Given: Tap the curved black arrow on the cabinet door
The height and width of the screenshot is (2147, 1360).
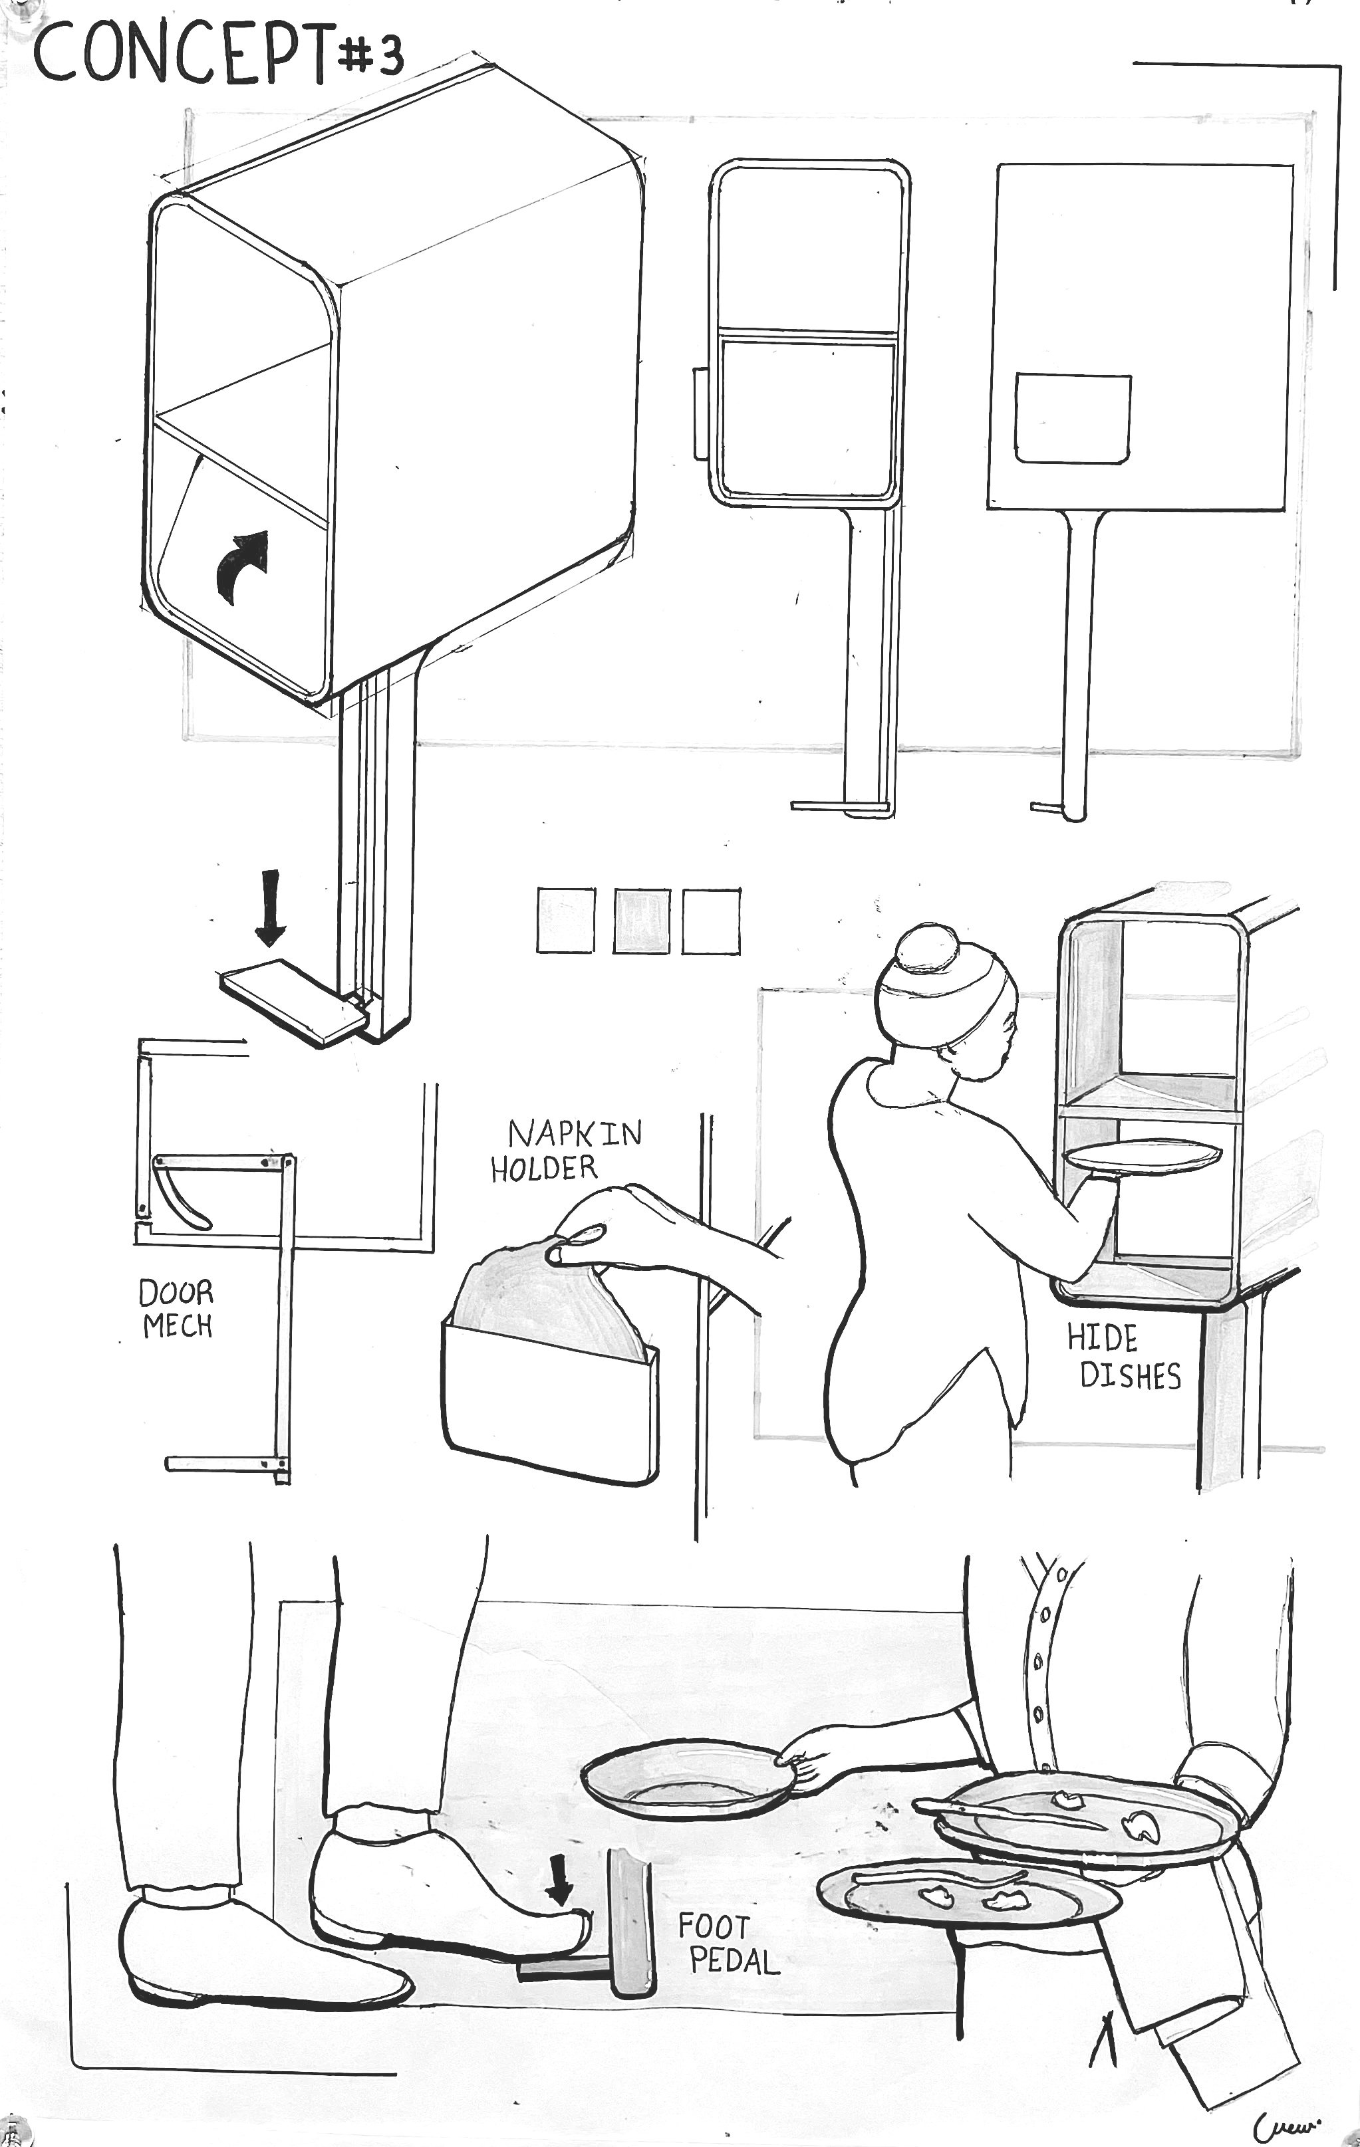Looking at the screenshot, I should coord(243,565).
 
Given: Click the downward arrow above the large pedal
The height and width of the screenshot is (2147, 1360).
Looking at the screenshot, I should coord(270,908).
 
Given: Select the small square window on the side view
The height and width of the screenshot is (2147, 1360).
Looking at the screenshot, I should coord(1073,418).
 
